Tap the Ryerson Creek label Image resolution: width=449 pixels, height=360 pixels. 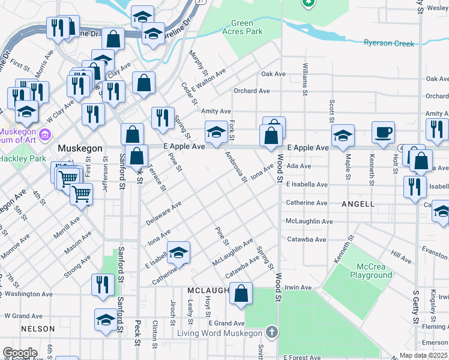pos(389,43)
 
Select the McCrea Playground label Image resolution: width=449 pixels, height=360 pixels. pos(367,271)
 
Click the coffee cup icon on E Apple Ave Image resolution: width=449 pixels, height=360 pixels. pos(383,133)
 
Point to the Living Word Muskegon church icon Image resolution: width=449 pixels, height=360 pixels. pos(272,332)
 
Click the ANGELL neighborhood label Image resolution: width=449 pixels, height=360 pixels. pos(358,204)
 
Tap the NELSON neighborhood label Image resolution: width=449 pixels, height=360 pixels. pos(38,329)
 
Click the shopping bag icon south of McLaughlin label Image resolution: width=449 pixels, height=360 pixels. pos(241,295)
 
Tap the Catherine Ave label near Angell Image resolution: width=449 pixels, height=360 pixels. pos(306,203)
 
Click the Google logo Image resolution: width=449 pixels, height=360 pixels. pos(19,353)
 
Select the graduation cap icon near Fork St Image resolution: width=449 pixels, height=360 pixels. pos(216,132)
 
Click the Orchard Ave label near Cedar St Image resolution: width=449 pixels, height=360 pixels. pos(252,91)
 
